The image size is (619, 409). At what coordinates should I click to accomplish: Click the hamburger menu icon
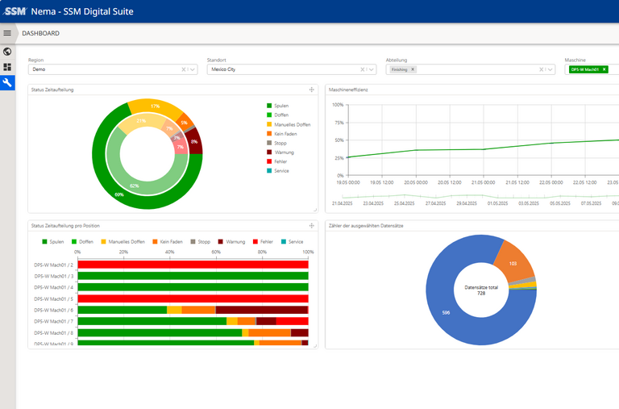[x=8, y=33]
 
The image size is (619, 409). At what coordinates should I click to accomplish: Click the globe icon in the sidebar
[x=8, y=52]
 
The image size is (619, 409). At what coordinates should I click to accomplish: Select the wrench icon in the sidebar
[x=8, y=82]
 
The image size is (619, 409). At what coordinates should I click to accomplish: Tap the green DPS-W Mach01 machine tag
[x=584, y=69]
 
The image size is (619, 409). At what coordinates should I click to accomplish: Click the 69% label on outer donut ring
[x=119, y=194]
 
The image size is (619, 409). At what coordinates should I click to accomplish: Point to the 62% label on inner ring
[x=134, y=186]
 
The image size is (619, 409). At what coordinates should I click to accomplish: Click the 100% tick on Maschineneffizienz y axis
[x=338, y=105]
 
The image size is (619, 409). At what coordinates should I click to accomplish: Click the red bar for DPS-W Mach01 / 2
[x=193, y=265]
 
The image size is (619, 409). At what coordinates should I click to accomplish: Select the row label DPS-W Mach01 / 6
[x=54, y=310]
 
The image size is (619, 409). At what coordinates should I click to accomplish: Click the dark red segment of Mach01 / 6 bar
[x=261, y=310]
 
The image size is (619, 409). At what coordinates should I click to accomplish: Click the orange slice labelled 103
[x=513, y=264]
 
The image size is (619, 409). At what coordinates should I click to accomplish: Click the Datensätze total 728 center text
[x=480, y=290]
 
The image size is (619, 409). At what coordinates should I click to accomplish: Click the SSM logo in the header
[x=15, y=11]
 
